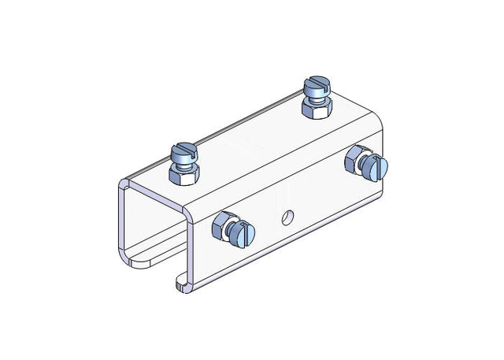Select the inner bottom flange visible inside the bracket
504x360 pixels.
[x=146, y=256]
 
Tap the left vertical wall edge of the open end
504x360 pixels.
[x=118, y=225]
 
